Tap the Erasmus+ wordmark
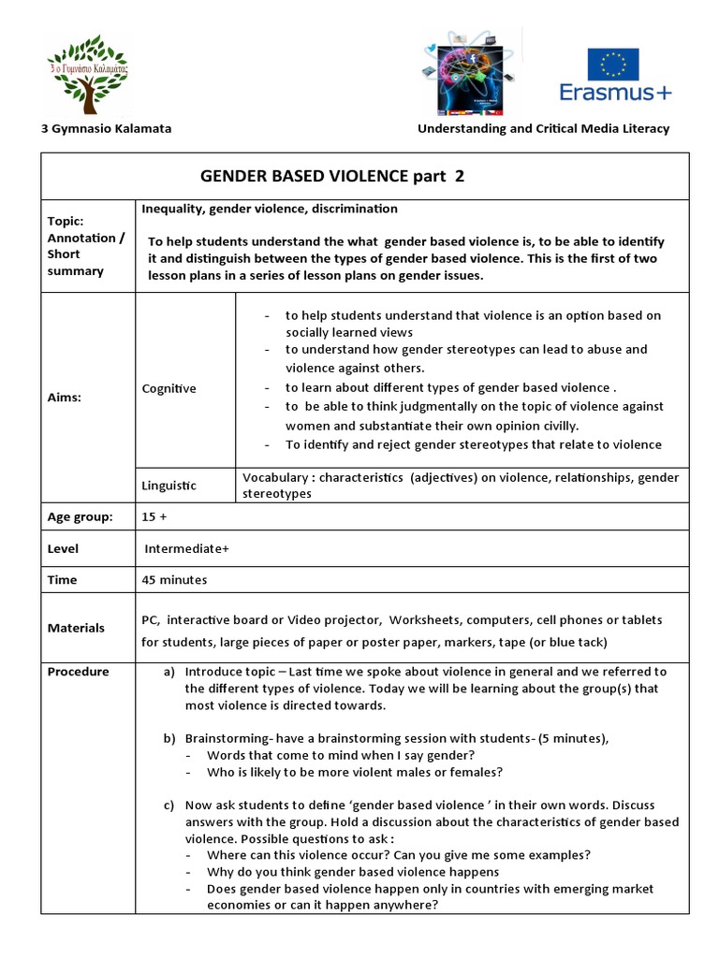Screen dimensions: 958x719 [x=614, y=93]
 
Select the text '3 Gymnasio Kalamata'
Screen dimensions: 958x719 [x=106, y=128]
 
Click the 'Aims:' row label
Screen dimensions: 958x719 [x=65, y=397]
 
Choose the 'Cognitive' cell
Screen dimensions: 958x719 [x=169, y=388]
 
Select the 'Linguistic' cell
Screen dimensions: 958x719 [x=169, y=485]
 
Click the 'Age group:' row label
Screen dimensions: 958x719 [x=81, y=516]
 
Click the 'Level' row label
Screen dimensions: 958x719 [x=63, y=548]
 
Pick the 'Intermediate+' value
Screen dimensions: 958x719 [x=186, y=548]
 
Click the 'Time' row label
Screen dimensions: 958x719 [x=62, y=579]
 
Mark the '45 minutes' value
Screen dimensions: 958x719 [x=174, y=579]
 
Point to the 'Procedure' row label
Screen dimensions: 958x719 [x=78, y=671]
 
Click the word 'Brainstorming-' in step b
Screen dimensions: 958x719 [x=229, y=738]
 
